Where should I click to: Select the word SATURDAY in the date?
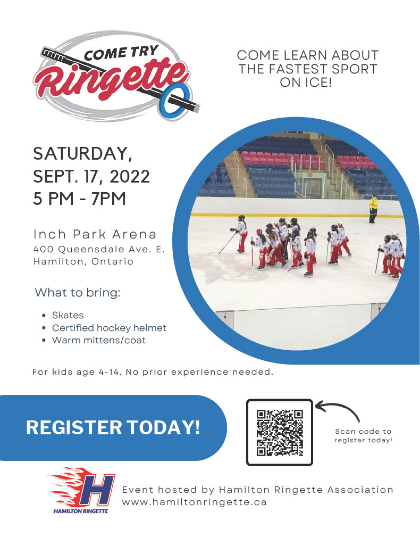82,154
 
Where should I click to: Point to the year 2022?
130,176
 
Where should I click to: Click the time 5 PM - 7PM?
80,199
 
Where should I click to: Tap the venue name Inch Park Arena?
95,234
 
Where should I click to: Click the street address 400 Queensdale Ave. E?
99,249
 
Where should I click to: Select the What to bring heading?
78,293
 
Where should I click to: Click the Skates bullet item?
68,315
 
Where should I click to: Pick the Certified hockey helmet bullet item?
110,328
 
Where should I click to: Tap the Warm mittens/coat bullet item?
99,340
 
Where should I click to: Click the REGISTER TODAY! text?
113,427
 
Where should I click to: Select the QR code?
280,432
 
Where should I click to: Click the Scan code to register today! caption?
363,436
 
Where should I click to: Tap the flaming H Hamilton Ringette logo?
82,491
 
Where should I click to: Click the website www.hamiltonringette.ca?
195,502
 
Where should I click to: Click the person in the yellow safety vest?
373,209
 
